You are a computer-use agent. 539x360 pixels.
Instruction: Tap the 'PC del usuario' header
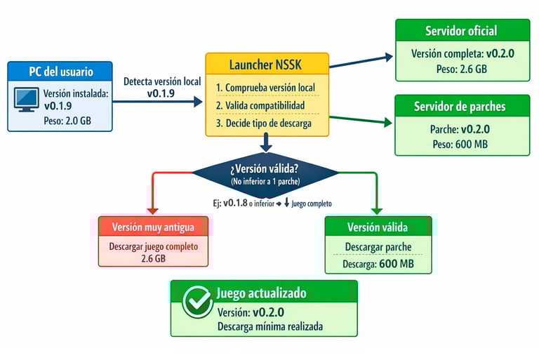click(x=60, y=72)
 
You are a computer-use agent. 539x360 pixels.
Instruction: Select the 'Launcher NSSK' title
click(x=267, y=65)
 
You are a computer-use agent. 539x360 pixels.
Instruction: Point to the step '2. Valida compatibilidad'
click(x=260, y=105)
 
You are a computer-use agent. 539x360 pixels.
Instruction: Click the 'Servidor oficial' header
click(x=460, y=31)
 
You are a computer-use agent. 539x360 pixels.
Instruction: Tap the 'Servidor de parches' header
click(x=460, y=107)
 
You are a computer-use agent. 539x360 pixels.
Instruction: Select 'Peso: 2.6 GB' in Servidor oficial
click(x=460, y=69)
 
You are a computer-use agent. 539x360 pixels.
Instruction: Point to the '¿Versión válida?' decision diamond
click(x=265, y=172)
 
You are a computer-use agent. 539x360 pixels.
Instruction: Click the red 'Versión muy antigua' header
click(x=153, y=227)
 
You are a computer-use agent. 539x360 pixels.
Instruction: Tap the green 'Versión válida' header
click(x=378, y=227)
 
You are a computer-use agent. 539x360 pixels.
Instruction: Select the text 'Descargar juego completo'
click(x=153, y=247)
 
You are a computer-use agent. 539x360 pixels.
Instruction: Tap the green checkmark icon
click(x=197, y=302)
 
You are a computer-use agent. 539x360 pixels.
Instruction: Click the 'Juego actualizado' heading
click(x=261, y=293)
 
